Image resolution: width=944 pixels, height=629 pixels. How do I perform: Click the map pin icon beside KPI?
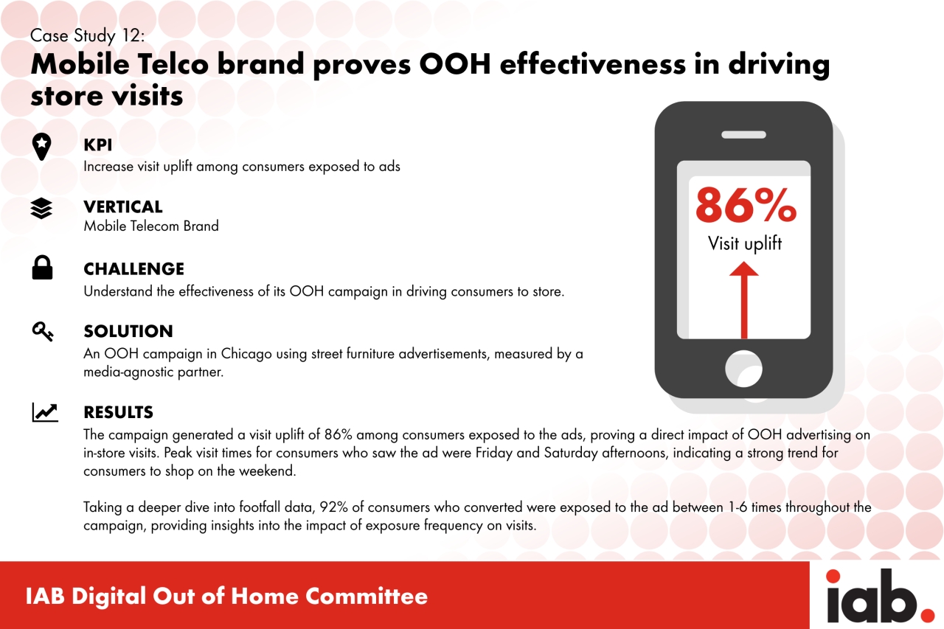(42, 147)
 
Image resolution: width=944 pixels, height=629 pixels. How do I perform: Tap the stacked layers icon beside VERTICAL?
(42, 209)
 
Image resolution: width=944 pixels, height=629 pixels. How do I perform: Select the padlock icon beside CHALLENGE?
(42, 268)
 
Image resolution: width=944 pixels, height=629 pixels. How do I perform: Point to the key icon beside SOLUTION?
(43, 332)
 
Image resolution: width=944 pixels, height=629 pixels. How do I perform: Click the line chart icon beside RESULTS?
(45, 412)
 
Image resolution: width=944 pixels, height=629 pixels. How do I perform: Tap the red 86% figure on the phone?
(746, 206)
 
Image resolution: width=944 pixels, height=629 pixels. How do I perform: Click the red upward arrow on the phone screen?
(744, 300)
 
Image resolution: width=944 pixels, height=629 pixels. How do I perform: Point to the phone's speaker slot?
(744, 135)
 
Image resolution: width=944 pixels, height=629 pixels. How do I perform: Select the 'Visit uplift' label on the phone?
(745, 244)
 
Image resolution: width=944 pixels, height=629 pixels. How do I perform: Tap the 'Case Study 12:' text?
(87, 36)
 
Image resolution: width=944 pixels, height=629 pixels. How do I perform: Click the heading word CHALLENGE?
(134, 269)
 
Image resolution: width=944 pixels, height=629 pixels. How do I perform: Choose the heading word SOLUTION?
(128, 331)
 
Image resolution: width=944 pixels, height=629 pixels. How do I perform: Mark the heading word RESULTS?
(119, 412)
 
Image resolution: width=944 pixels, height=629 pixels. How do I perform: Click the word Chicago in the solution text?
(246, 354)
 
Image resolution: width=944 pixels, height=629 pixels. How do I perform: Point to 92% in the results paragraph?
(334, 507)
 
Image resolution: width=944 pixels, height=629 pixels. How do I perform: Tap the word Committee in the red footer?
(367, 596)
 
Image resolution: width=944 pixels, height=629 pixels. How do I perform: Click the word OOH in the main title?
(455, 64)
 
